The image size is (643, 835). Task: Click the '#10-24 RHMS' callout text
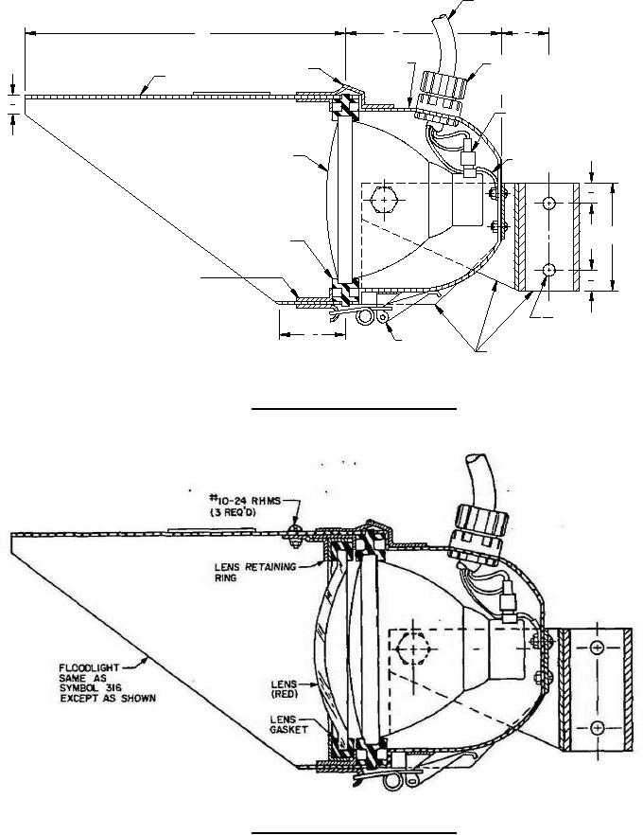(x=245, y=501)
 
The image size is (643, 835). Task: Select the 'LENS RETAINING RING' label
(x=255, y=572)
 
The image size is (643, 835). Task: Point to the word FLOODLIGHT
(x=89, y=667)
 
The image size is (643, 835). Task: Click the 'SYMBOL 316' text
(x=90, y=688)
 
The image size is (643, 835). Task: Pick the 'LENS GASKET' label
(x=288, y=724)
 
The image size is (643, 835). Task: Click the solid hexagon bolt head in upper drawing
(x=384, y=200)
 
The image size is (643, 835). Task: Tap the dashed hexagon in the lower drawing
(x=412, y=648)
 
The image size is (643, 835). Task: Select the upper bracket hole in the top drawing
(x=548, y=203)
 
